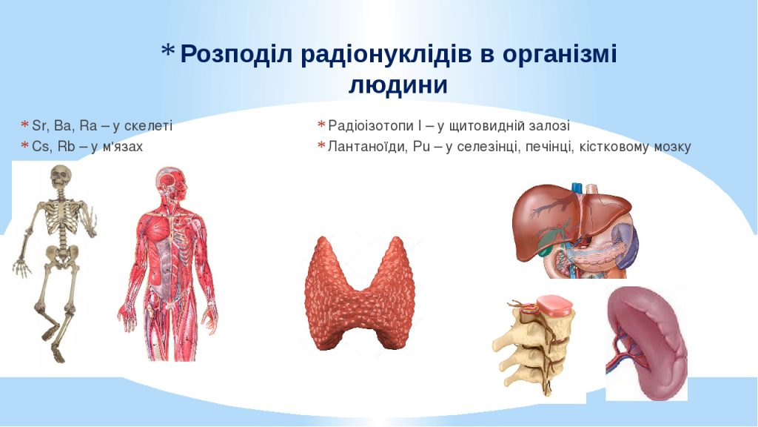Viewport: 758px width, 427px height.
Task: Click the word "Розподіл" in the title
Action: [238, 54]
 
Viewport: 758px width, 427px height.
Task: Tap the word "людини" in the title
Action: [398, 85]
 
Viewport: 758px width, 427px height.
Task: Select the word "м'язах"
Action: [122, 146]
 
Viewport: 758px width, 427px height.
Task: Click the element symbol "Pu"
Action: [422, 146]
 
